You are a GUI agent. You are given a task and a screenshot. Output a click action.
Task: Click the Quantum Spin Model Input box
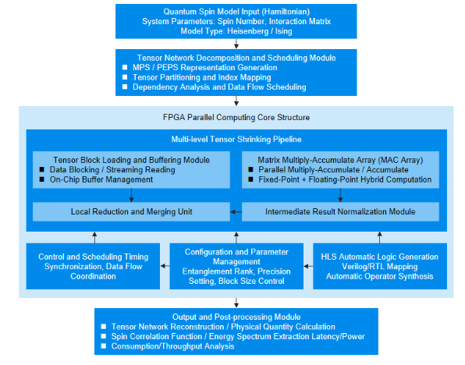(236, 21)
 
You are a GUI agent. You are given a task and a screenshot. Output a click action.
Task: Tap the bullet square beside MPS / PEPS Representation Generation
(125, 68)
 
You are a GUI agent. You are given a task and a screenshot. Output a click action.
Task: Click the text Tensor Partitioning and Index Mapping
(201, 77)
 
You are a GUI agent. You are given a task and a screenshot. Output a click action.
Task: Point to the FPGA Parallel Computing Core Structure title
(236, 118)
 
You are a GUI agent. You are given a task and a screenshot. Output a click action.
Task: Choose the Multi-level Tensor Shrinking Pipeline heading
(236, 140)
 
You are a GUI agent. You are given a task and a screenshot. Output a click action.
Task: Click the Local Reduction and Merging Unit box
(131, 211)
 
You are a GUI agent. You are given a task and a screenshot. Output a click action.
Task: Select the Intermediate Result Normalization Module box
(340, 211)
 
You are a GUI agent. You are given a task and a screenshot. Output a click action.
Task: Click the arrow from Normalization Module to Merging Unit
(236, 211)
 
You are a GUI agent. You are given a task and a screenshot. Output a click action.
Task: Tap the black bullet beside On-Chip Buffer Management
(42, 179)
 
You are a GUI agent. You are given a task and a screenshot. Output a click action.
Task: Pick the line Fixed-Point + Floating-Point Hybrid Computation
(345, 179)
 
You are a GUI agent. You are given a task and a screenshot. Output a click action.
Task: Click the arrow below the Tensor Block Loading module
(131, 196)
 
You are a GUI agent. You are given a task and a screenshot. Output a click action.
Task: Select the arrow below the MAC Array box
(340, 196)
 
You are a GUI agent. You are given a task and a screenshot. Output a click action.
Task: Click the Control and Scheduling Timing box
(93, 266)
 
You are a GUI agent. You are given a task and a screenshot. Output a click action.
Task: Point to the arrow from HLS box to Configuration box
(308, 266)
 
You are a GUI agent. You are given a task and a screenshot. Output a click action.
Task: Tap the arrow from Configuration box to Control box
(165, 266)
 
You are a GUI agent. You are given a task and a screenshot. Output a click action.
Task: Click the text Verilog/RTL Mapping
(380, 267)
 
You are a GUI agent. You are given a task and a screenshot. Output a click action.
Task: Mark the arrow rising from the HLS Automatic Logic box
(380, 238)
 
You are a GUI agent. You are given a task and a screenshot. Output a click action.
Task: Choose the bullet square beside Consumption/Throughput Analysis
(103, 346)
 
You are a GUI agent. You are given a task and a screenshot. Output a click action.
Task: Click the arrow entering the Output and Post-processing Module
(236, 303)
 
